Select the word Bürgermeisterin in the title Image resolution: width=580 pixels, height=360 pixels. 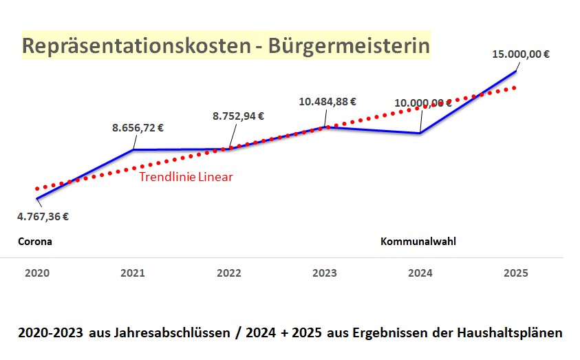[x=350, y=46]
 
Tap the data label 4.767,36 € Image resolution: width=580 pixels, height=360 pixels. [x=43, y=216]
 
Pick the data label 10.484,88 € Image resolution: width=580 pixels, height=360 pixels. [x=327, y=101]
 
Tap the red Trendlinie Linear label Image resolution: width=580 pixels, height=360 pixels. [x=186, y=177]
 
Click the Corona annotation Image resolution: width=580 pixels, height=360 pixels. [x=35, y=242]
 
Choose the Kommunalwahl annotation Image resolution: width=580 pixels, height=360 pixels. [x=418, y=242]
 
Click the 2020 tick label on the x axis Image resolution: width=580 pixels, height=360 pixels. [x=37, y=273]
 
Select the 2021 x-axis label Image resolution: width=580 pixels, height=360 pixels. [x=133, y=273]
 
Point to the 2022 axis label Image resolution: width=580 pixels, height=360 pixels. [x=228, y=273]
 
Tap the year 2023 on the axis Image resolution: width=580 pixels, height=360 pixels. [x=324, y=273]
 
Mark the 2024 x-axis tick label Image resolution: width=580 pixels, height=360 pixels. [x=420, y=273]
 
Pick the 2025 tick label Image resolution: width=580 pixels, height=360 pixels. [x=516, y=273]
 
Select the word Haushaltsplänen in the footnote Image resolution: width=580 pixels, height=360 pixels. [x=509, y=333]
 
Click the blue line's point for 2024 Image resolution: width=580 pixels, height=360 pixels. [x=420, y=133]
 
